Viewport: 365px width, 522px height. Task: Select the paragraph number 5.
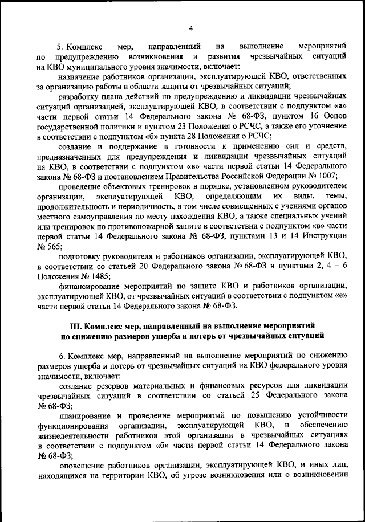click(60, 46)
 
